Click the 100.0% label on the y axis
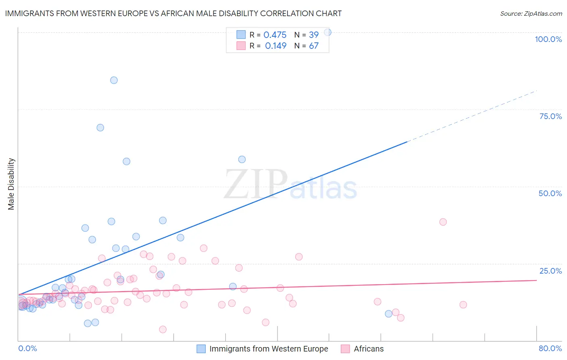[x=548, y=39]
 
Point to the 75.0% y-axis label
[x=550, y=116]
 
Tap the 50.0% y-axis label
[x=550, y=193]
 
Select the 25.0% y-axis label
[x=550, y=271]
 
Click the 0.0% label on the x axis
[x=27, y=348]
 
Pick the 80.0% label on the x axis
[x=550, y=348]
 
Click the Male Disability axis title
[x=11, y=184]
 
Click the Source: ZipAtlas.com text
[x=531, y=13]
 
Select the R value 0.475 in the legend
[x=275, y=35]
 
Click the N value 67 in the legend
[x=314, y=46]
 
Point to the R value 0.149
[x=275, y=46]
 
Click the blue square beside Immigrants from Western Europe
[x=201, y=349]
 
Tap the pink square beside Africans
[x=345, y=349]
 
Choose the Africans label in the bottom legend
[x=369, y=349]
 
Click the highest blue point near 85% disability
[x=114, y=80]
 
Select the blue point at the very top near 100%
[x=327, y=32]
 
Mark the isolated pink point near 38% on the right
[x=443, y=222]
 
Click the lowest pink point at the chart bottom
[x=163, y=329]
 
